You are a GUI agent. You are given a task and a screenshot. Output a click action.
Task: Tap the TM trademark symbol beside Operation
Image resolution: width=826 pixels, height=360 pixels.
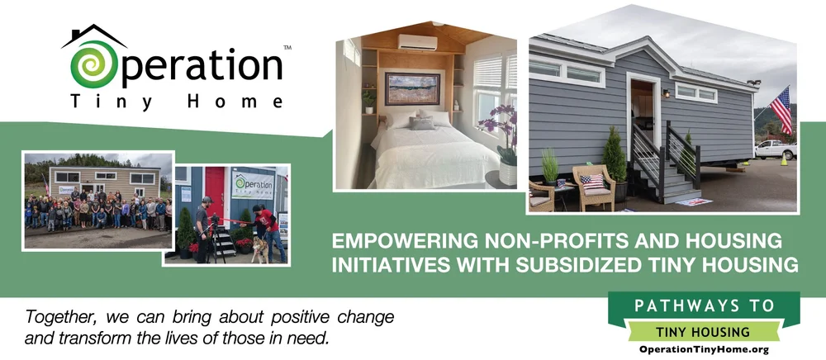[x=287, y=49]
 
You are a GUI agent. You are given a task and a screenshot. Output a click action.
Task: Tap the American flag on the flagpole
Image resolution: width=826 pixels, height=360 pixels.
[x=781, y=108]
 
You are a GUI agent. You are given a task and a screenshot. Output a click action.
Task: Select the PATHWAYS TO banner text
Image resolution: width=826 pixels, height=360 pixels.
[x=705, y=306]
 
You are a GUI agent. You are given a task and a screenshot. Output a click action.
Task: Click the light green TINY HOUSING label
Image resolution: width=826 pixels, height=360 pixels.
[x=705, y=332]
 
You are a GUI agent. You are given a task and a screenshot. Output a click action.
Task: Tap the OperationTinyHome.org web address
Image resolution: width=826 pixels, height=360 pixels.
[x=705, y=350]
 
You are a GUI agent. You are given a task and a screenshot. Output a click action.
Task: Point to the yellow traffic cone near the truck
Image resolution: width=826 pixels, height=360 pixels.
[x=783, y=160]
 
